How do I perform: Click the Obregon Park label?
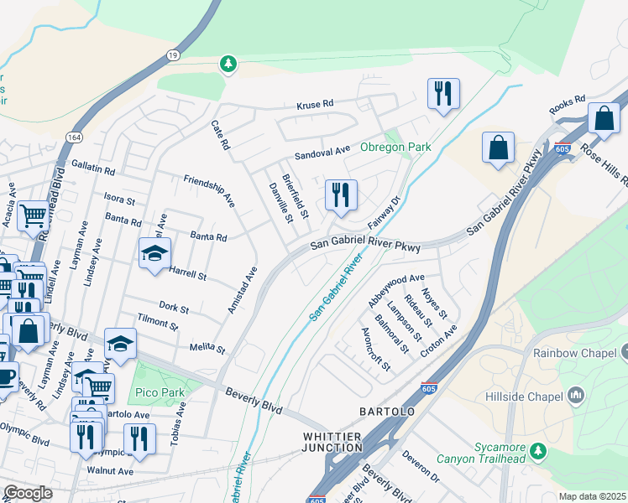coord(395,147)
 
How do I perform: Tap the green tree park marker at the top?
coord(228,64)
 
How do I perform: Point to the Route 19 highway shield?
coord(173,54)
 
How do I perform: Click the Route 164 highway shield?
coord(75,136)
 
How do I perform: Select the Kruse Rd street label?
coord(315,105)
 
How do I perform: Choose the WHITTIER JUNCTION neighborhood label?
coord(332,443)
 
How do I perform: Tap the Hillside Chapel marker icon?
coord(576,394)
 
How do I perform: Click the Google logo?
coord(28,493)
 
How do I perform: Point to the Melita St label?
coord(208,347)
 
